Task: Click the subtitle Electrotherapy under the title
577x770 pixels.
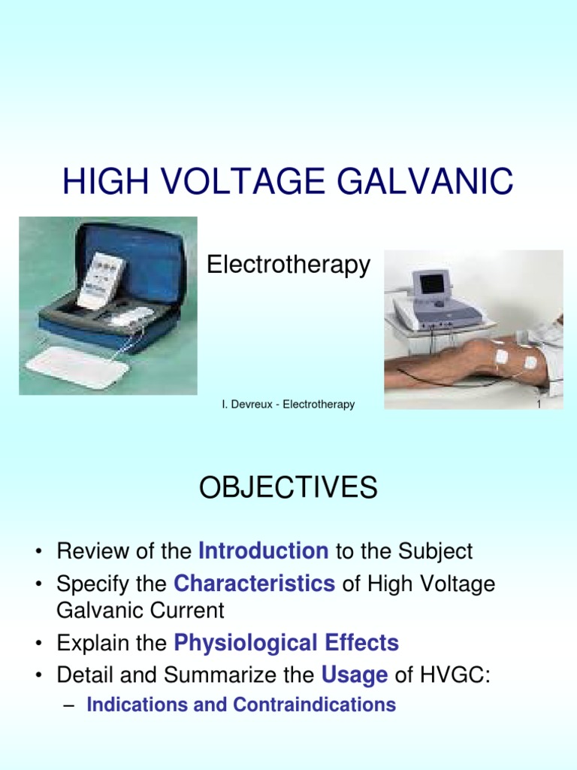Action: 288,265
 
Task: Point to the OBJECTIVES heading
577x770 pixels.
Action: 288,489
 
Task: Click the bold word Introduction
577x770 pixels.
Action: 263,551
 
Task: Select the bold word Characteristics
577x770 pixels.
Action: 254,584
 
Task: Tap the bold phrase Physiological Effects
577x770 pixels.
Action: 286,643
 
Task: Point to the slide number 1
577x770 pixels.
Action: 539,405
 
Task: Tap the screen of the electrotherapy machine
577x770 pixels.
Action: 430,283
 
